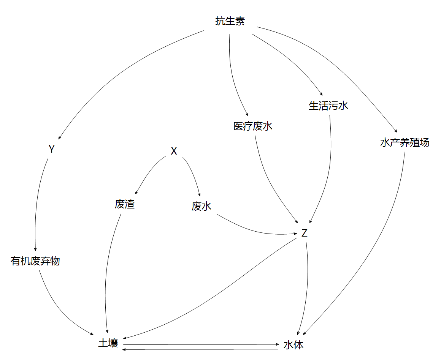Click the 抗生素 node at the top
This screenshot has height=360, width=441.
(x=230, y=22)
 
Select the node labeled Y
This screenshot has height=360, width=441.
(x=52, y=150)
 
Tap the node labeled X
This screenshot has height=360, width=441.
(x=174, y=151)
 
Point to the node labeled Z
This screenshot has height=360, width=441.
(x=304, y=233)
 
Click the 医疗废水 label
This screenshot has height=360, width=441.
(x=253, y=126)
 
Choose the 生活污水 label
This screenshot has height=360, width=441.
(x=328, y=106)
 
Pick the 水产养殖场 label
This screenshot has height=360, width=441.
(x=405, y=143)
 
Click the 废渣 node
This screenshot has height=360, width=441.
(x=125, y=205)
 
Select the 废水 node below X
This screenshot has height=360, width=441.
(x=201, y=207)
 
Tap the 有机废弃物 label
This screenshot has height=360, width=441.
(x=35, y=261)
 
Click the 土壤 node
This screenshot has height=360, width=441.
(x=108, y=343)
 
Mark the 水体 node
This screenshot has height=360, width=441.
(x=293, y=345)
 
